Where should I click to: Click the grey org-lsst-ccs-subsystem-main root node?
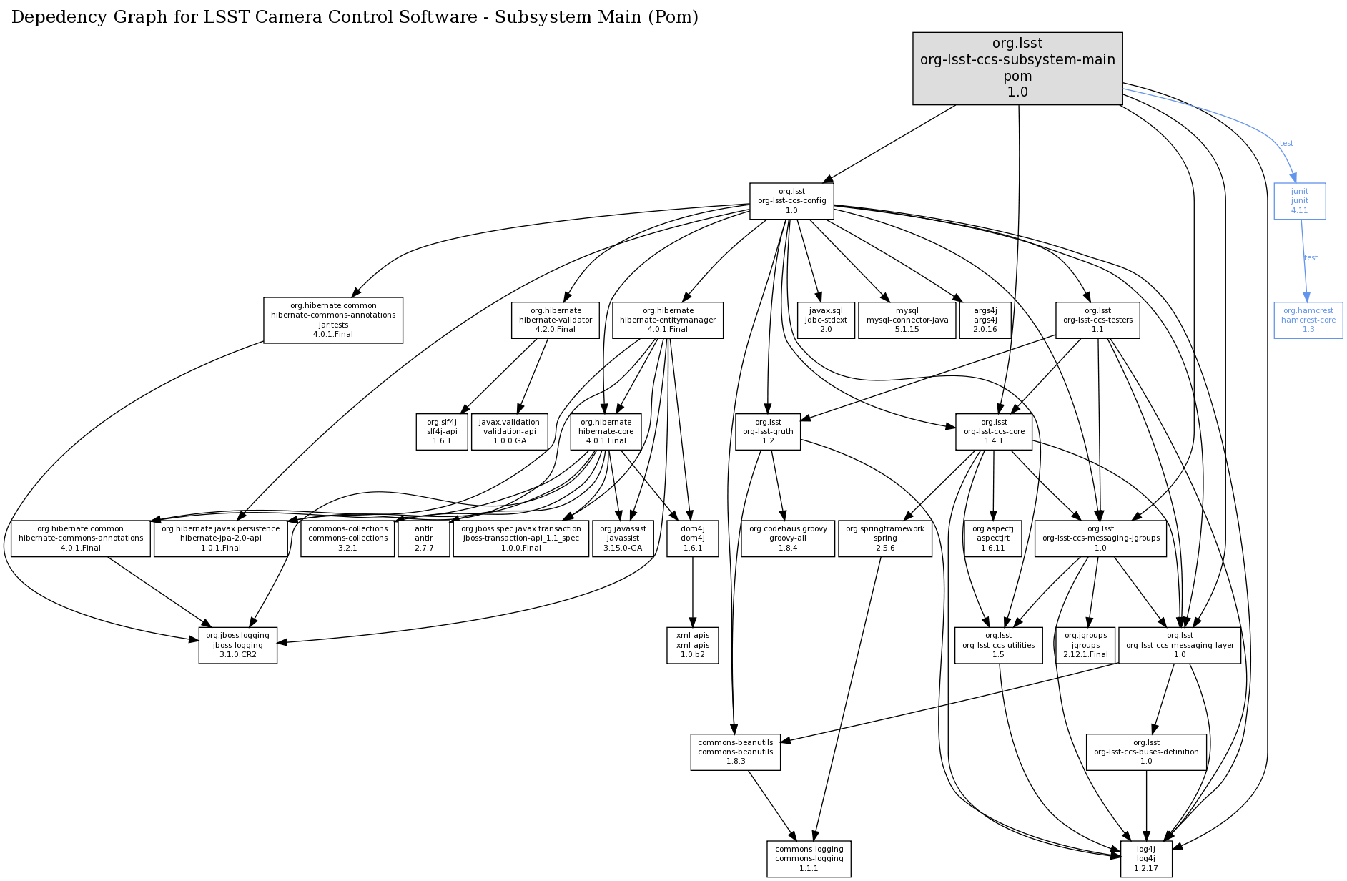click(1017, 69)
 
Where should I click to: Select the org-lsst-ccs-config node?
click(791, 201)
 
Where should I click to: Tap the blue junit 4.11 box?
click(1299, 201)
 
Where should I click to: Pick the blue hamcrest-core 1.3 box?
click(1308, 320)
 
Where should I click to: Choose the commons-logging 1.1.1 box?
click(809, 859)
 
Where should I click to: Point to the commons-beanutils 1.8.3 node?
click(735, 752)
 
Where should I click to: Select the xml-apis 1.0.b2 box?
click(692, 645)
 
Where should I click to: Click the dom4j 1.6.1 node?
click(692, 538)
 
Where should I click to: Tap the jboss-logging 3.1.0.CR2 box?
click(237, 645)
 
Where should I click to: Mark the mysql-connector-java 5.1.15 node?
click(907, 320)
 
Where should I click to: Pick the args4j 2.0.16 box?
click(985, 320)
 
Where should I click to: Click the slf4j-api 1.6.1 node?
click(441, 431)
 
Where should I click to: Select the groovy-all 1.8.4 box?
click(787, 538)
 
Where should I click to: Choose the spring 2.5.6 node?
click(884, 538)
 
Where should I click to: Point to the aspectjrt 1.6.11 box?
click(992, 538)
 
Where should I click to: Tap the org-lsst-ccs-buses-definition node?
click(1145, 752)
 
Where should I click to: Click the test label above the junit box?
click(1286, 144)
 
